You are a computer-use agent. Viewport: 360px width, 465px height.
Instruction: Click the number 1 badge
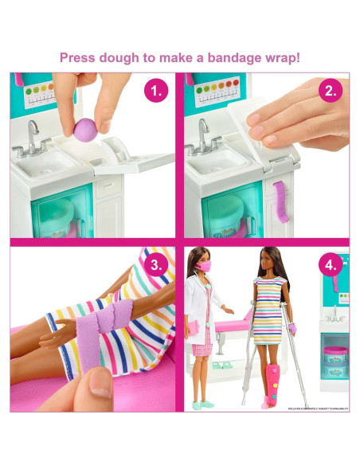coord(157,91)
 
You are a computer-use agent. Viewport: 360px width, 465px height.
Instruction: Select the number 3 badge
coord(157,265)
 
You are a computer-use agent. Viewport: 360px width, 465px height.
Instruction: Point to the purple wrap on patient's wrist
coord(292,327)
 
